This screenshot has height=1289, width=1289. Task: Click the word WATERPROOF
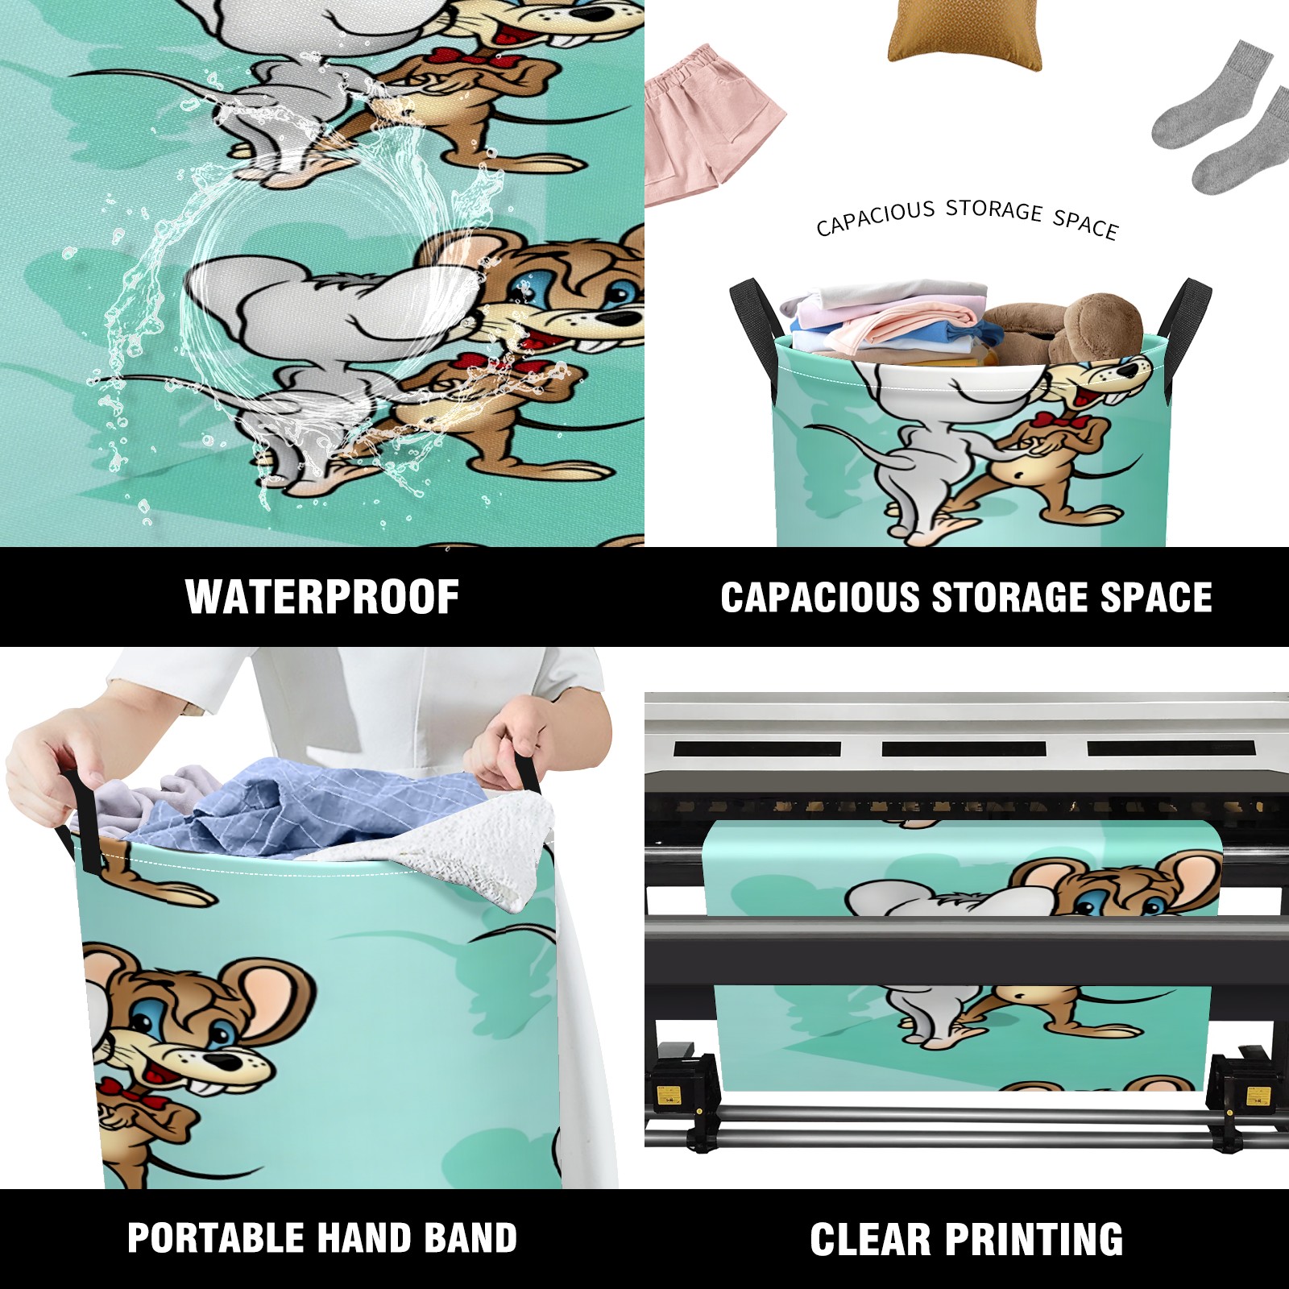(322, 597)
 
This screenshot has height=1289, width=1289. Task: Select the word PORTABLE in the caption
(213, 1238)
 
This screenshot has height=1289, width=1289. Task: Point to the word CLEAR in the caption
(870, 1239)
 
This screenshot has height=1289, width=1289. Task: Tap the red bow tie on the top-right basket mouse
(1056, 421)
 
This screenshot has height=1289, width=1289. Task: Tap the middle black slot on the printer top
(964, 748)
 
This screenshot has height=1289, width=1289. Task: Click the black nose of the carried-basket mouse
(228, 1063)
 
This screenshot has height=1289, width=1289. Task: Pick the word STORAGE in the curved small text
(994, 210)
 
